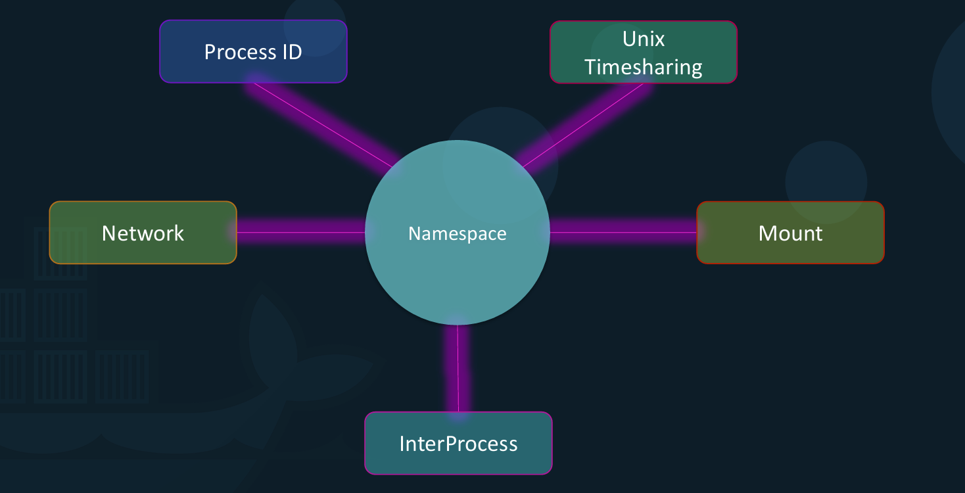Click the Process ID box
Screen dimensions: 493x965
253,51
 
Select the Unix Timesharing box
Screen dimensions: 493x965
643,53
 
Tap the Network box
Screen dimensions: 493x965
143,233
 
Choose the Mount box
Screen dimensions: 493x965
790,233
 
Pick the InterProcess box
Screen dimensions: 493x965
458,443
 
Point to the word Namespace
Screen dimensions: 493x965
458,233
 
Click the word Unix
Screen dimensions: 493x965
644,39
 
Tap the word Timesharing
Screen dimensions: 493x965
644,66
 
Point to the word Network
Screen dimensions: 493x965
143,233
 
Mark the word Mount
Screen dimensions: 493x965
790,233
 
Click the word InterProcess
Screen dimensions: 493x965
458,444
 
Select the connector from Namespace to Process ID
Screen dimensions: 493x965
322,124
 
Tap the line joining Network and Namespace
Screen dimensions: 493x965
301,232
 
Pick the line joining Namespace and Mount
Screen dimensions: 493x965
623,232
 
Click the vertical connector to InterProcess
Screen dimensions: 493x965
458,368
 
